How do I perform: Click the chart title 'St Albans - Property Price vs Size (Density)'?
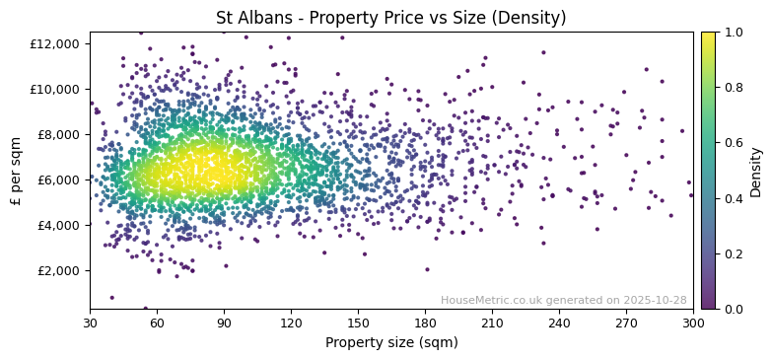(x=390, y=18)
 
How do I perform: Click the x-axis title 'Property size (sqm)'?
(x=390, y=343)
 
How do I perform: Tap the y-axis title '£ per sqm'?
(x=17, y=171)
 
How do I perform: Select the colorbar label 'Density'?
(x=756, y=171)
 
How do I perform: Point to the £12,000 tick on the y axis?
(x=54, y=43)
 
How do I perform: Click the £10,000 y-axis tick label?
(x=54, y=89)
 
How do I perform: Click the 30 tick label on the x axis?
(x=90, y=323)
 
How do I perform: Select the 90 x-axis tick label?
(x=224, y=323)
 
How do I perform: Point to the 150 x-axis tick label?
(x=358, y=323)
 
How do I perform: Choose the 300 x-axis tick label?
(x=693, y=323)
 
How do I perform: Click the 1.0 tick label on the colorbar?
(x=733, y=33)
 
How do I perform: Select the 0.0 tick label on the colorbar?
(x=733, y=310)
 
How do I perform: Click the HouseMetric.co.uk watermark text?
(x=563, y=300)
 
